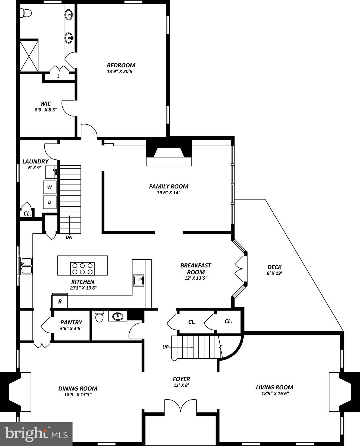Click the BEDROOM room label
(x=121, y=65)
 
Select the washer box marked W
(x=50, y=187)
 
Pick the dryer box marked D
(x=50, y=202)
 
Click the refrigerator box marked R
(x=60, y=301)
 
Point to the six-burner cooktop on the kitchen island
(x=82, y=268)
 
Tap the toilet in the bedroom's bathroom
(x=26, y=13)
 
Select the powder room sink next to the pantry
(x=118, y=316)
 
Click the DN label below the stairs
(x=69, y=237)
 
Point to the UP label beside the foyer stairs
(x=165, y=347)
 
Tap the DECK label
(x=274, y=267)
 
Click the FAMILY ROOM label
(x=169, y=186)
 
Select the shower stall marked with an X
(x=29, y=56)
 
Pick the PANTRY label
(x=71, y=322)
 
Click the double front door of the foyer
(x=180, y=405)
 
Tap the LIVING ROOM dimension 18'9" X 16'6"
(x=274, y=393)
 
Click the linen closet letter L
(x=58, y=76)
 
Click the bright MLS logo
(x=36, y=434)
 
